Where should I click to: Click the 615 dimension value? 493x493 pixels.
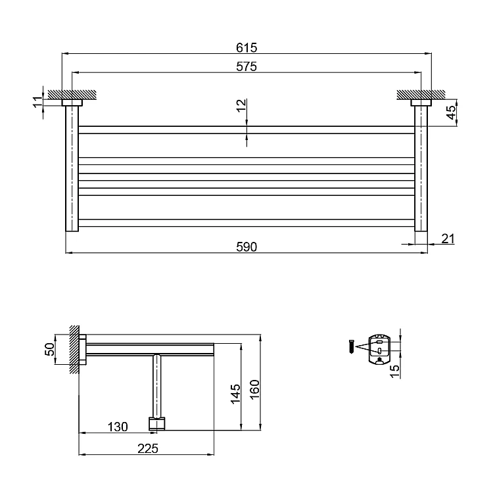(x=246, y=47)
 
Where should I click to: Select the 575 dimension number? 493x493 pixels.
(x=246, y=66)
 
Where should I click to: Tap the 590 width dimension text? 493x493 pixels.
(x=246, y=246)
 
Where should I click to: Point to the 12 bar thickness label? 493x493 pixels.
(x=241, y=105)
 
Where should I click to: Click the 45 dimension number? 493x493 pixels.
(x=451, y=112)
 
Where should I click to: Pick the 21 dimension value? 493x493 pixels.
(x=448, y=239)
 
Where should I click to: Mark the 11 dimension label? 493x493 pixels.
(x=37, y=102)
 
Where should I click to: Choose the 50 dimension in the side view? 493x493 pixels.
(x=50, y=349)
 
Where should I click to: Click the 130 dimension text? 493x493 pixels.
(x=118, y=427)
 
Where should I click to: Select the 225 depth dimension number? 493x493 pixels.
(x=148, y=449)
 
